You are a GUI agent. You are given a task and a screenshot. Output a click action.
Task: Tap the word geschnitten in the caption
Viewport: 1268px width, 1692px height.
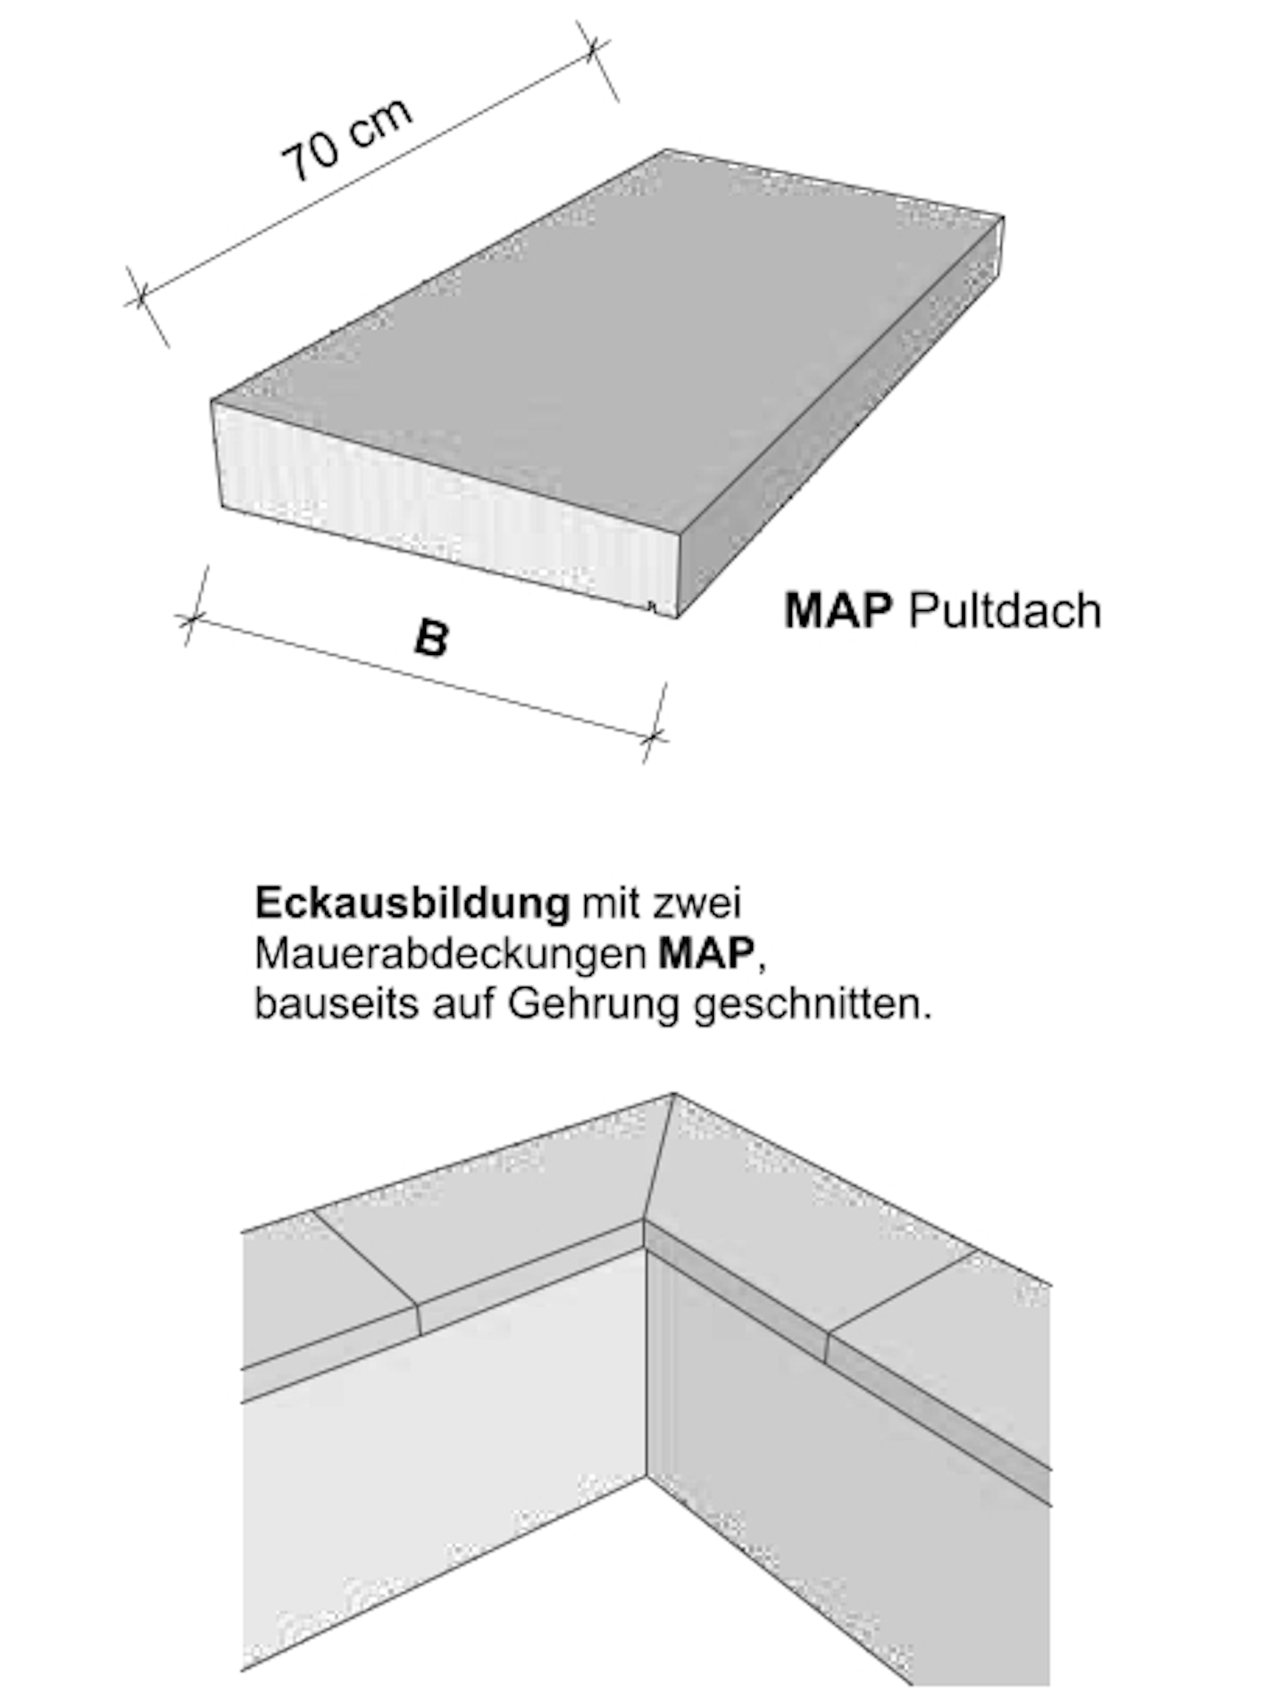pyautogui.click(x=813, y=1004)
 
